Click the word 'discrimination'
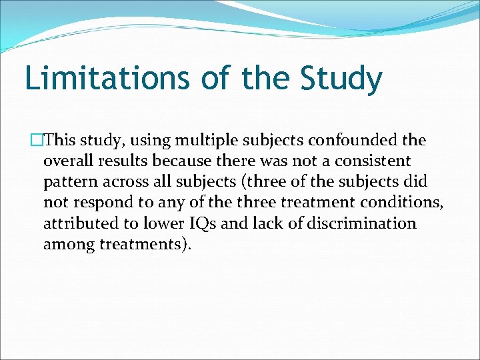click(x=359, y=223)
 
